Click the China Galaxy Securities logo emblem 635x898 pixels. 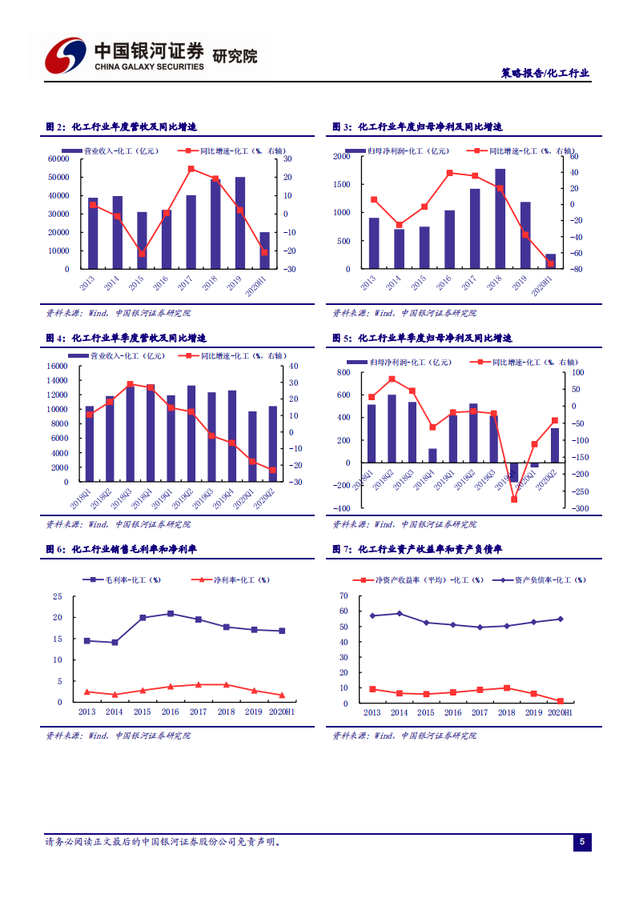coord(65,55)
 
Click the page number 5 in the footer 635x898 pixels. coord(582,841)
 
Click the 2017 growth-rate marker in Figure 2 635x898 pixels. coord(191,169)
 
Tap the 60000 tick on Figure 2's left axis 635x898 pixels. coord(58,158)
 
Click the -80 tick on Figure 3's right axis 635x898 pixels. coord(573,269)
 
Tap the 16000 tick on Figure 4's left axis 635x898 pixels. coord(58,366)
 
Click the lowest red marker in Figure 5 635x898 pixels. coord(514,499)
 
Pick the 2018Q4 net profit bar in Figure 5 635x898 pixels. coord(432,455)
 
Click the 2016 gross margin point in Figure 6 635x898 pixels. coord(170,614)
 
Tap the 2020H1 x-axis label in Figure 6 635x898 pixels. coord(281,712)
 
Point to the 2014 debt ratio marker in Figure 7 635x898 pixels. coord(399,614)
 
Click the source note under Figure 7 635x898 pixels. coord(404,736)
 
